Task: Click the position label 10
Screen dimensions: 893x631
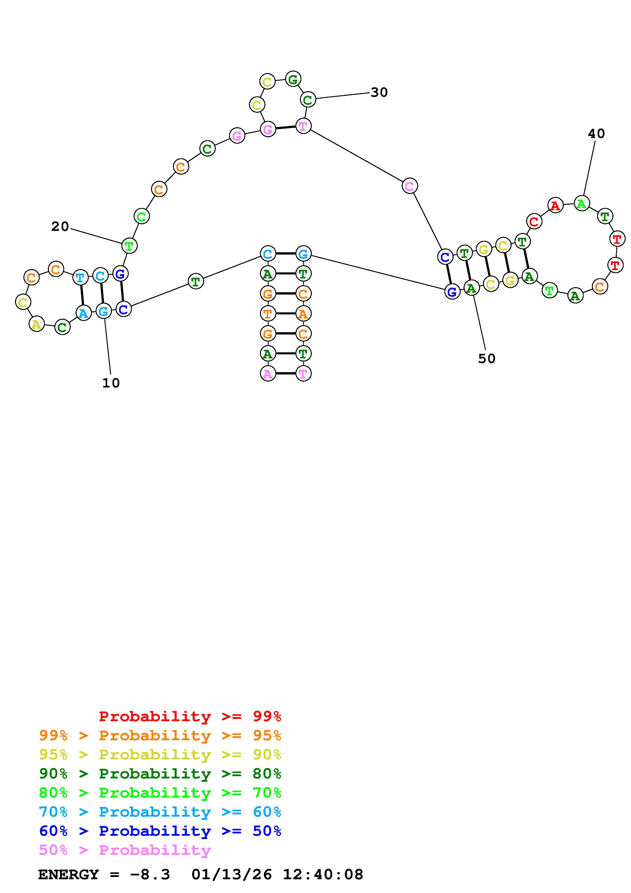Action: tap(111, 383)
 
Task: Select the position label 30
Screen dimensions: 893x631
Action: tap(379, 93)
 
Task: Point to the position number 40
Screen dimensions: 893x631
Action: tap(596, 134)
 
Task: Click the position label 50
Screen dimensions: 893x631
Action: tap(486, 359)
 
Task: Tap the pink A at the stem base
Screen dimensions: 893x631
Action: tap(268, 374)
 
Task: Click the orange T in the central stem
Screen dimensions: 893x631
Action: tap(268, 313)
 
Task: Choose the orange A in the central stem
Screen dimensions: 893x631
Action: tap(303, 313)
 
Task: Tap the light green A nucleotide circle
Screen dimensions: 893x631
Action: tap(582, 203)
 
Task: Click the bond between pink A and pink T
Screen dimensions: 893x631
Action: tap(285, 374)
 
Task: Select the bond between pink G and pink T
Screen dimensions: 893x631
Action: tap(285, 127)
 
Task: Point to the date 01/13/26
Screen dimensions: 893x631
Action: tap(232, 874)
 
